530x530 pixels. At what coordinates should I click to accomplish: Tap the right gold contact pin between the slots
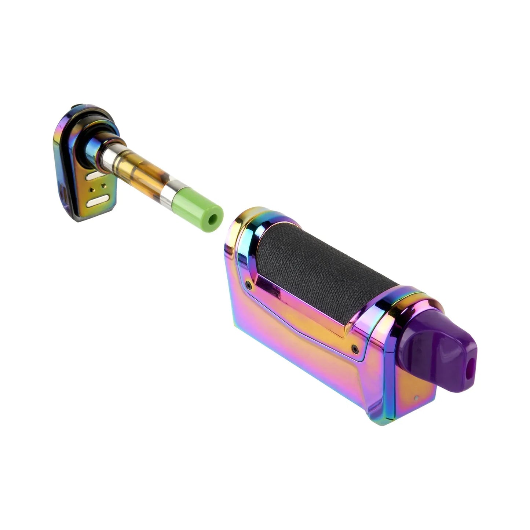(x=105, y=186)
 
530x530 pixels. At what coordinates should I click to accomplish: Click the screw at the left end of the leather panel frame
(x=249, y=284)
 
